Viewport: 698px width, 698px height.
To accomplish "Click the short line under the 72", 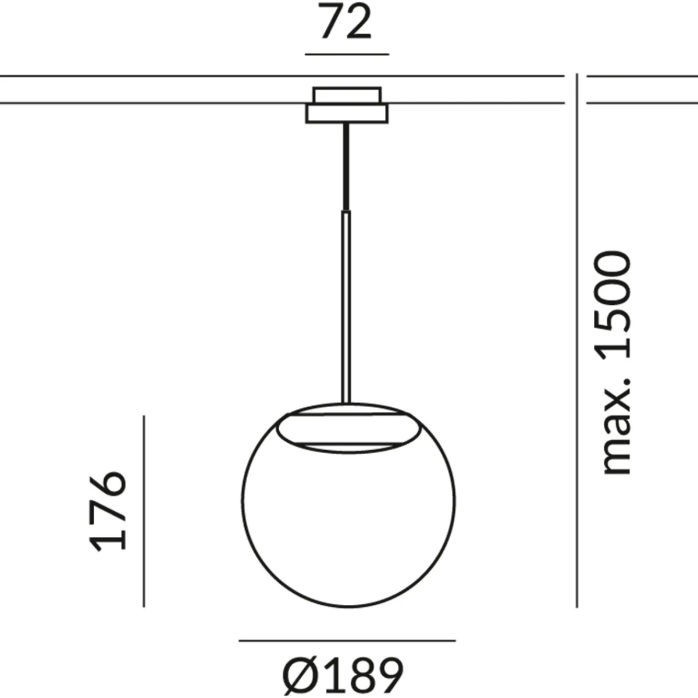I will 347,54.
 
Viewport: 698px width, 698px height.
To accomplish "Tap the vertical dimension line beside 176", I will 144,511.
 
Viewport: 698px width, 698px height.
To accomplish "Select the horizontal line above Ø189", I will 347,641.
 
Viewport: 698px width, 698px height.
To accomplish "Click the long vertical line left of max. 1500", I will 576,340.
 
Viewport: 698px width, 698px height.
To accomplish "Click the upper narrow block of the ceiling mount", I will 347,95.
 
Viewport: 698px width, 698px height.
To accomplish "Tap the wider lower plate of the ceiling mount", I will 347,113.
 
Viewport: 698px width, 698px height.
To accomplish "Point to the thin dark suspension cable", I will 347,166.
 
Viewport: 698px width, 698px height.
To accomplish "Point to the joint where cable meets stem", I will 347,211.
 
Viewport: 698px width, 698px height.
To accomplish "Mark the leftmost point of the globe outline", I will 243,499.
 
